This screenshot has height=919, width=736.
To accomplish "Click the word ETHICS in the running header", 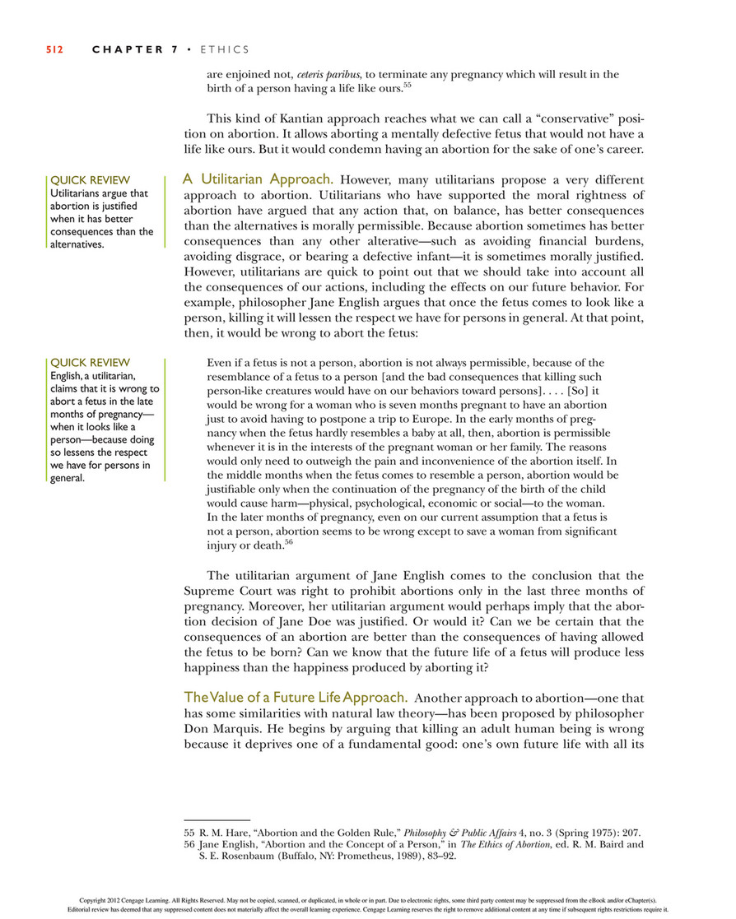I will point(225,49).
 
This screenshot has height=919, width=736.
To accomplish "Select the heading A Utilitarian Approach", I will point(258,178).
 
